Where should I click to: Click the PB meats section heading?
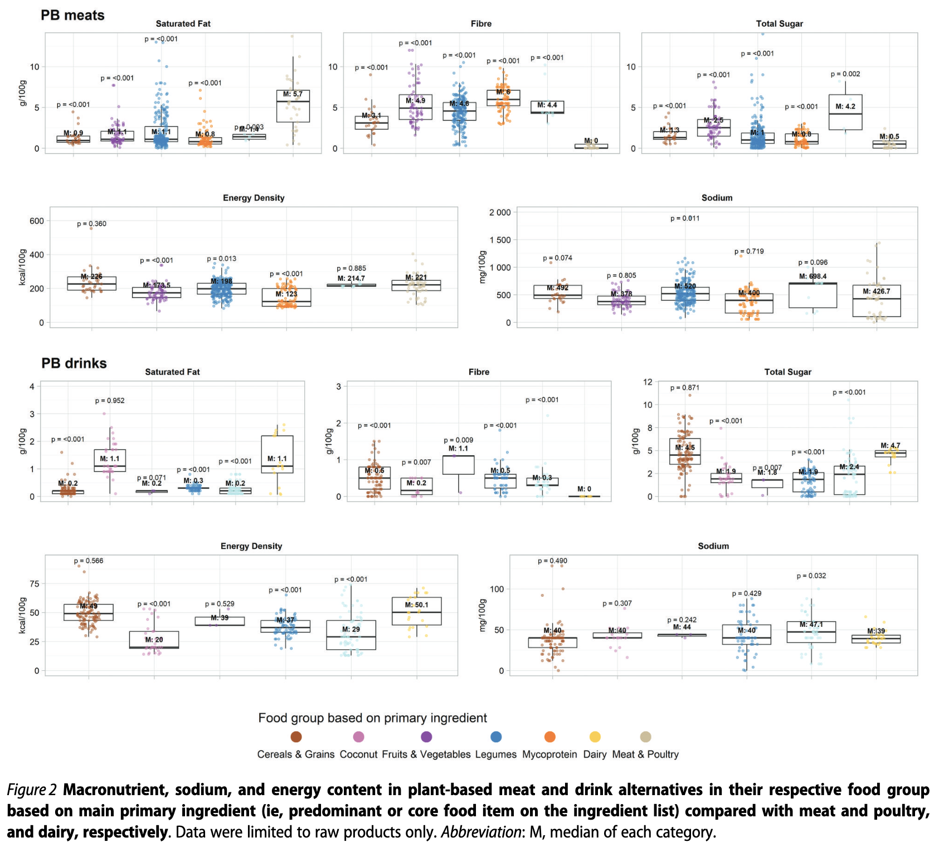tap(72, 16)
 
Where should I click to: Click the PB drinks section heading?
tap(74, 363)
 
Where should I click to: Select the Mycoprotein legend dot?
tap(549, 737)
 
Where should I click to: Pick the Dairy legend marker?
tap(595, 737)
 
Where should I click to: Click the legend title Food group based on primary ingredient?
tap(372, 718)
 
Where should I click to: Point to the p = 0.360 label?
tap(91, 224)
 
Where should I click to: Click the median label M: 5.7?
tap(293, 94)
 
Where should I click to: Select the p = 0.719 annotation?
tap(749, 251)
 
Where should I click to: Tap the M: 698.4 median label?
tap(813, 276)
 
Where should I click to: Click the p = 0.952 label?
tap(110, 401)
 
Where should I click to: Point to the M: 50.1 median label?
tap(417, 605)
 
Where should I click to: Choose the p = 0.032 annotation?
tap(811, 576)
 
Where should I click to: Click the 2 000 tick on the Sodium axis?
tap(500, 212)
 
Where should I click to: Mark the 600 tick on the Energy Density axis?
tap(37, 221)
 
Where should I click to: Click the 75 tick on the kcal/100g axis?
tap(35, 583)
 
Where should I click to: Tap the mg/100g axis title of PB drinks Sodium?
tap(483, 615)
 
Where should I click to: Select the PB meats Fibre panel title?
tap(481, 23)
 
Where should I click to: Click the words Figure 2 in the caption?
tap(32, 790)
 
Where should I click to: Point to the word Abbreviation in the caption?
tap(481, 832)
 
